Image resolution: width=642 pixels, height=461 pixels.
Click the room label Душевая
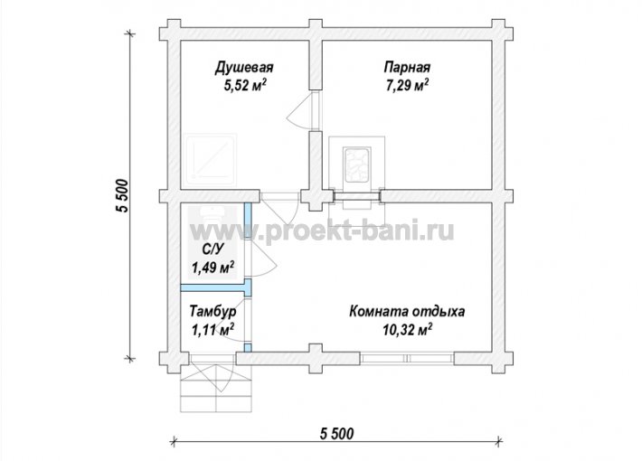[x=244, y=68]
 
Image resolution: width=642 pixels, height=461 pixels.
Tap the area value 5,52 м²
[x=245, y=86]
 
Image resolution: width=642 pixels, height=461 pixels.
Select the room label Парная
[x=407, y=67]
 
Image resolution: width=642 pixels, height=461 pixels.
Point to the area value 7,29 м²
[x=407, y=86]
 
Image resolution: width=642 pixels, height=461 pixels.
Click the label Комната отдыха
[x=407, y=312]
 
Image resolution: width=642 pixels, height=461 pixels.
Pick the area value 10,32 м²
[x=408, y=330]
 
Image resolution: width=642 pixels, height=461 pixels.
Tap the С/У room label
[x=212, y=249]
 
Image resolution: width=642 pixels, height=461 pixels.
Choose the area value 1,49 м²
[x=212, y=268]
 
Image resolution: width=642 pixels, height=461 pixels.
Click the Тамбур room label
[x=212, y=312]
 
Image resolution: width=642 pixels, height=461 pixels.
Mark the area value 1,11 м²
[x=212, y=330]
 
